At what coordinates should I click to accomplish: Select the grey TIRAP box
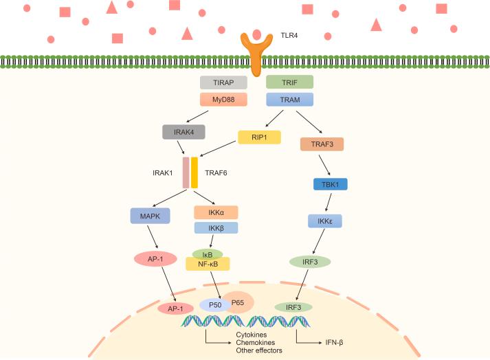223,82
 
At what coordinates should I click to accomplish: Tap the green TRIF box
289,82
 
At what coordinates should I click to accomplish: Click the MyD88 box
223,100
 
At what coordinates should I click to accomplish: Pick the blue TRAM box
289,100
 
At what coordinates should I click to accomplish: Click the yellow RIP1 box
259,137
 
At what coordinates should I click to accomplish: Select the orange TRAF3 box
322,144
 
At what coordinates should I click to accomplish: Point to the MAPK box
149,216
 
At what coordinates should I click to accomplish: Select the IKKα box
216,212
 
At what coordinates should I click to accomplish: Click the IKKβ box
216,227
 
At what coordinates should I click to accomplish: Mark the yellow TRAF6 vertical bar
194,173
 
